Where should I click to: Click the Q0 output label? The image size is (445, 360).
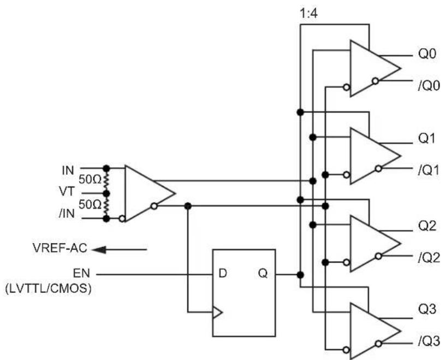pyautogui.click(x=427, y=54)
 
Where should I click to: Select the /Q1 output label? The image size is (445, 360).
pyautogui.click(x=429, y=170)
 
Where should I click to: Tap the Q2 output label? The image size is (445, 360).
pyautogui.click(x=427, y=226)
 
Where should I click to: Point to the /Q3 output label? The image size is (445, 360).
pyautogui.click(x=429, y=341)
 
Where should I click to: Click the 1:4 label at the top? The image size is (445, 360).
pyautogui.click(x=309, y=13)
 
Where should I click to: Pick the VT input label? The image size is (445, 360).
pyautogui.click(x=67, y=192)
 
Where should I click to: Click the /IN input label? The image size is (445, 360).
pyautogui.click(x=67, y=213)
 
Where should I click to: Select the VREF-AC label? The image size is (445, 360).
pyautogui.click(x=60, y=248)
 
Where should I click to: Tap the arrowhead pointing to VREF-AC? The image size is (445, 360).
pyautogui.click(x=99, y=250)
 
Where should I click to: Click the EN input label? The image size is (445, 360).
pyautogui.click(x=81, y=273)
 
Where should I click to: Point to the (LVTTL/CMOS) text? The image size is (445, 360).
pyautogui.click(x=48, y=289)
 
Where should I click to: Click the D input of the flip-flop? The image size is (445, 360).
pyautogui.click(x=223, y=273)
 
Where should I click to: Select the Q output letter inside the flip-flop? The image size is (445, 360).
pyautogui.click(x=263, y=273)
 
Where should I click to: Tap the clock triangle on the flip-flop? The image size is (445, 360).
pyautogui.click(x=217, y=312)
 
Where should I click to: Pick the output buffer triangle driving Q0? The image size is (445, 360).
pyautogui.click(x=375, y=68)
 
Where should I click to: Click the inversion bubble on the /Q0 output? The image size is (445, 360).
pyautogui.click(x=375, y=81)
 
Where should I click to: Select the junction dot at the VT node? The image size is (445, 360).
pyautogui.click(x=106, y=193)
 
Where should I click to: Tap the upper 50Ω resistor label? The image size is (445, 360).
pyautogui.click(x=90, y=179)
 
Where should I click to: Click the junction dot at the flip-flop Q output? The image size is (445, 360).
pyautogui.click(x=300, y=275)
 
